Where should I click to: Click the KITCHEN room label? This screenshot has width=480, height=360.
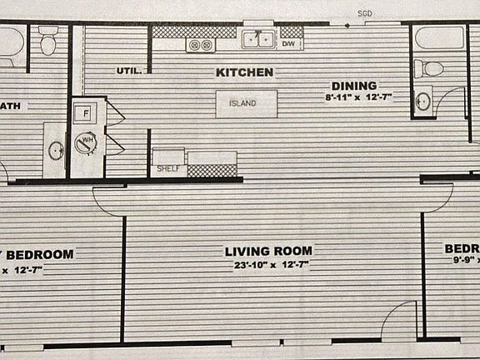[x=244, y=72]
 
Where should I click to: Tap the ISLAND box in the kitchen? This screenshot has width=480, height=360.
[x=243, y=103]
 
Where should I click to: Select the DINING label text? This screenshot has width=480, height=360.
[x=354, y=85]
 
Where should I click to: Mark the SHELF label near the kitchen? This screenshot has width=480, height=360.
[x=168, y=169]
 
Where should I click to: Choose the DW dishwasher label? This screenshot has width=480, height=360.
[x=288, y=43]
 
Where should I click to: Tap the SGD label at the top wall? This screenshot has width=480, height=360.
[x=364, y=14]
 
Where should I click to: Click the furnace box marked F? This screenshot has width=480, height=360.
[x=85, y=112]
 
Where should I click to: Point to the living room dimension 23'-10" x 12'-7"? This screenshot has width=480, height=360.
[x=271, y=266]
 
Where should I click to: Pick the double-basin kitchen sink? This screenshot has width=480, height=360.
[x=258, y=37]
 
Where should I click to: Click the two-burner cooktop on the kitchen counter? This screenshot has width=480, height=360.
[x=199, y=44]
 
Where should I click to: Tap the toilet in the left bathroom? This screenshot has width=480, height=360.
[x=47, y=40]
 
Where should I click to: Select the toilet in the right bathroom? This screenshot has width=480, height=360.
[x=431, y=69]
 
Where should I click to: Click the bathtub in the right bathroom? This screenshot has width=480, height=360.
[x=439, y=38]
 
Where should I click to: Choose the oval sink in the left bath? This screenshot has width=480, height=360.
[x=55, y=151]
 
